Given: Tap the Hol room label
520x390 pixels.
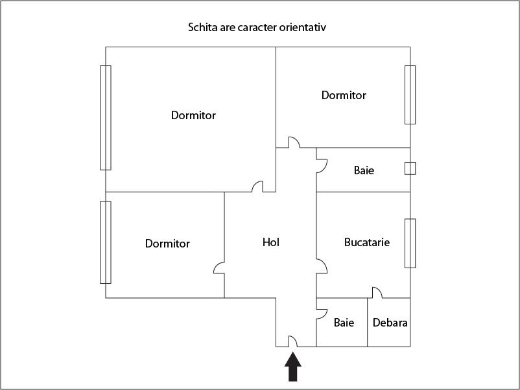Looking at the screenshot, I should tap(271, 242).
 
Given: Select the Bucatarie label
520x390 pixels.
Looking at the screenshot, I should tap(367, 242).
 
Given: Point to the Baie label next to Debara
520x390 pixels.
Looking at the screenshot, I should tap(344, 322).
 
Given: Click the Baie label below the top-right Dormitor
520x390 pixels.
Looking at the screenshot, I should tap(364, 171).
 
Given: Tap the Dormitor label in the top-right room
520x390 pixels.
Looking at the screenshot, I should tap(344, 95).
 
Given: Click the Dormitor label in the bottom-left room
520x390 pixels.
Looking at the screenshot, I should tap(167, 244).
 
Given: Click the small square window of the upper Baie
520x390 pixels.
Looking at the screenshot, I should tap(410, 168).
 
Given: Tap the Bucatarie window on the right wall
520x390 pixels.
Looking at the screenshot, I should tap(410, 243).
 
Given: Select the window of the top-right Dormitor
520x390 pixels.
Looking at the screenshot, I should tap(410, 95).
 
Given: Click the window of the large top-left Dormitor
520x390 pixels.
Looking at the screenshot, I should tap(105, 117).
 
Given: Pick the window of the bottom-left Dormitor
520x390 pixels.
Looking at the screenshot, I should tap(105, 242).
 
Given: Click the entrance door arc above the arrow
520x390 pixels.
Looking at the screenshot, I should tap(292, 341).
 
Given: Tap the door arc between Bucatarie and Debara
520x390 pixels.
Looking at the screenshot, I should tap(377, 293).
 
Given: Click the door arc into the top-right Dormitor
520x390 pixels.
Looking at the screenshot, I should tap(293, 142).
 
